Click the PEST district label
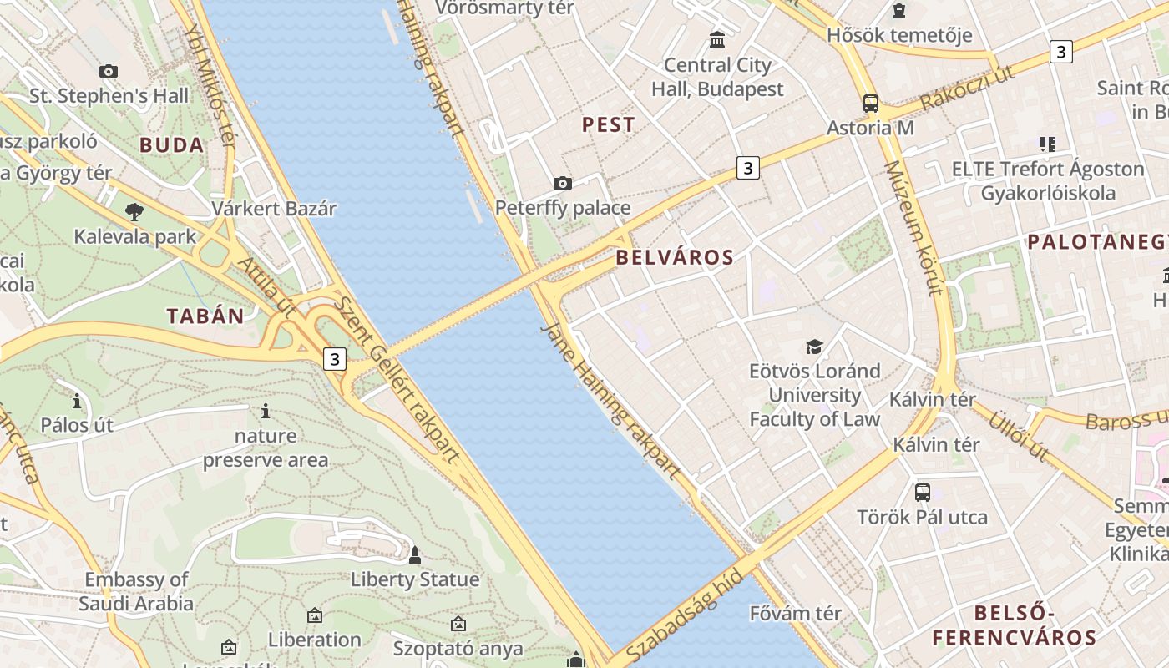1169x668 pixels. (x=608, y=125)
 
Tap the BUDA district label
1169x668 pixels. (x=171, y=145)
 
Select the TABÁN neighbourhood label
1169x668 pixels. (x=205, y=316)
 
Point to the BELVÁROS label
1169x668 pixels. (x=675, y=257)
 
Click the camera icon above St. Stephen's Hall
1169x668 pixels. (x=109, y=72)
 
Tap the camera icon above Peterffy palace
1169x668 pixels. (x=563, y=183)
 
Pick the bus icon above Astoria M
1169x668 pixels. (x=870, y=104)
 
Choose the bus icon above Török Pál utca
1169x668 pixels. (x=922, y=493)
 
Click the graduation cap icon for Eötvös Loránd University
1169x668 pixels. (x=814, y=347)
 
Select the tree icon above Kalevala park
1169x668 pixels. (x=134, y=211)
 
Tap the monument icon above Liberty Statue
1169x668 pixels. (x=414, y=554)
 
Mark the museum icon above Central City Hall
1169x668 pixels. (x=717, y=39)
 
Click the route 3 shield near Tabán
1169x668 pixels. (x=335, y=359)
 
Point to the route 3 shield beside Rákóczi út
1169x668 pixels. (x=1060, y=52)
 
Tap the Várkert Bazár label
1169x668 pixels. (x=274, y=209)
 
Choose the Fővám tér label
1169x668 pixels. (x=795, y=613)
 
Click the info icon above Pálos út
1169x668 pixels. (x=77, y=402)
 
